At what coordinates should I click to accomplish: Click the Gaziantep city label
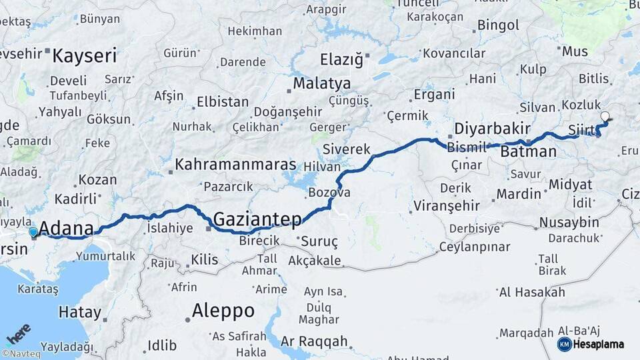click(257, 219)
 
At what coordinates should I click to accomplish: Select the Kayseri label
click(85, 55)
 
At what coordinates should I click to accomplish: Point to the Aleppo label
click(223, 311)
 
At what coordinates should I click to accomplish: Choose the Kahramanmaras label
click(235, 164)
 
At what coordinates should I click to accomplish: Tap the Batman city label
click(528, 152)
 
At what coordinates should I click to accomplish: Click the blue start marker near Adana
click(33, 232)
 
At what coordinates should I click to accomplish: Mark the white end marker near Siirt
click(605, 117)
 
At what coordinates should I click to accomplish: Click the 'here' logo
click(18, 333)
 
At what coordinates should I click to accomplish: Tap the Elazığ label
click(341, 60)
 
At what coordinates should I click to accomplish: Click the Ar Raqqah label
click(314, 342)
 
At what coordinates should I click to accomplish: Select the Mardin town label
click(519, 195)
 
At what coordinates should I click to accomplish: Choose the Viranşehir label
click(447, 204)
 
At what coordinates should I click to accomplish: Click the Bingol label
click(498, 26)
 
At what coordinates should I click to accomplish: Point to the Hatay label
click(80, 312)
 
